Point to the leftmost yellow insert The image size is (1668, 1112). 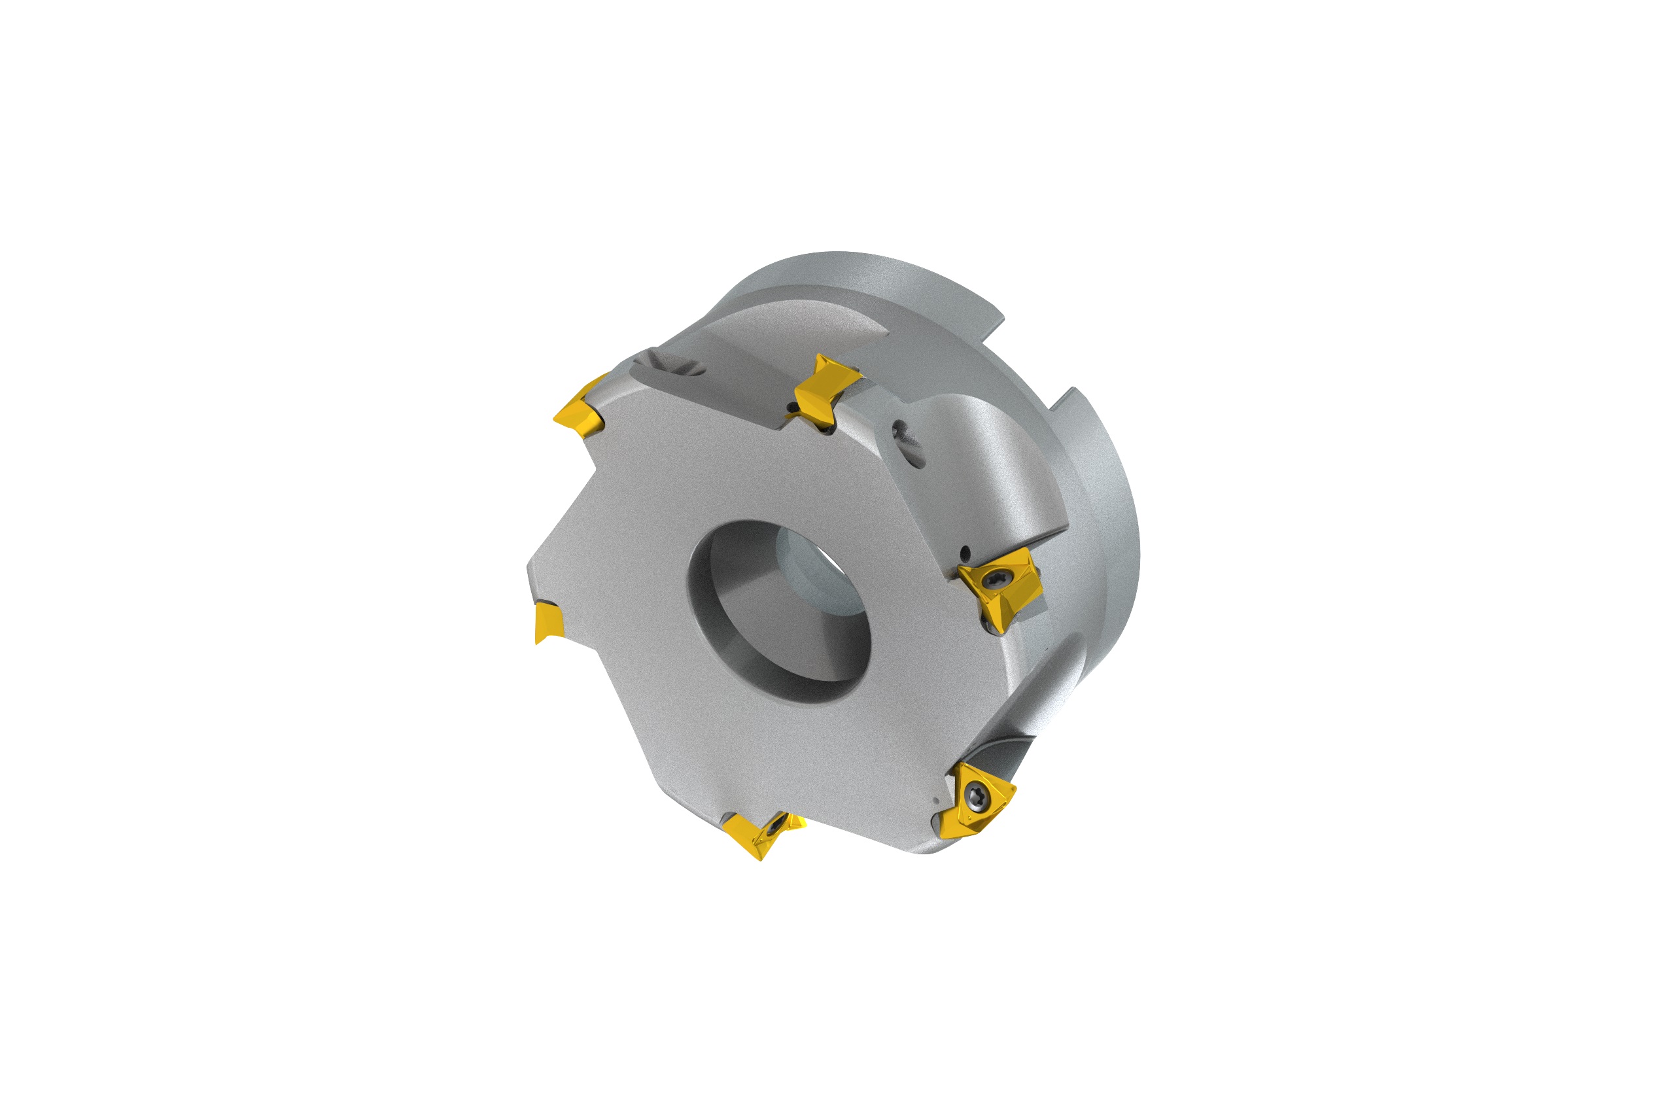pyautogui.click(x=547, y=621)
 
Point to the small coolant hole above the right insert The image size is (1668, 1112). pyautogui.click(x=964, y=551)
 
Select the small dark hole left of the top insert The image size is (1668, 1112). pyautogui.click(x=791, y=407)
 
